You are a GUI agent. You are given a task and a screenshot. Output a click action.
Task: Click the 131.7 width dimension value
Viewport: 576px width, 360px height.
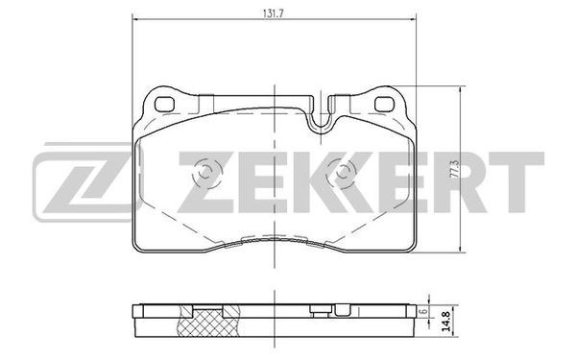click(274, 13)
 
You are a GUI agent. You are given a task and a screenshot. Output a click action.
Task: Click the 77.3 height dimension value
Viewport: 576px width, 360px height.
click(455, 169)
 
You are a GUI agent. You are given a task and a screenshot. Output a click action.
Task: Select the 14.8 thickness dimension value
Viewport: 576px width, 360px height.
click(446, 322)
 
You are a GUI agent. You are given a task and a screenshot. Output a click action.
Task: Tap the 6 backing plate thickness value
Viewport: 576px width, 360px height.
click(424, 311)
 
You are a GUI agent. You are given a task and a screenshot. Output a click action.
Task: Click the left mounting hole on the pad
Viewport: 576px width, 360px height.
click(164, 105)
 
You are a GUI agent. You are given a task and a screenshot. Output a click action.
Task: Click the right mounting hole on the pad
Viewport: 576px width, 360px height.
click(384, 104)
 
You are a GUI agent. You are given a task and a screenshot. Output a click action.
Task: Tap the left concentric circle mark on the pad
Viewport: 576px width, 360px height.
click(206, 172)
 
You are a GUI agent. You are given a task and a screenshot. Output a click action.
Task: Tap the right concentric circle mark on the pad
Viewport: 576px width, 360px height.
click(342, 172)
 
